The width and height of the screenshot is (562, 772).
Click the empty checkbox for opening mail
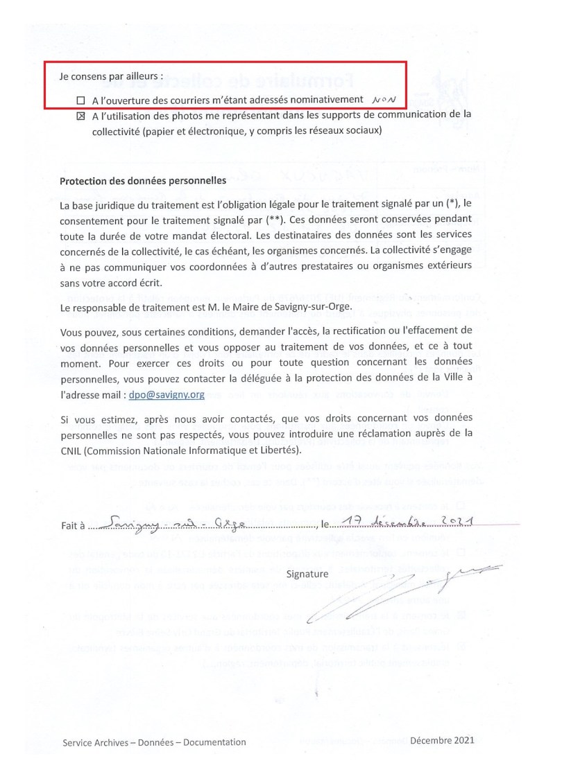(80, 100)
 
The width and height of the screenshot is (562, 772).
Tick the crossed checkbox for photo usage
(80, 116)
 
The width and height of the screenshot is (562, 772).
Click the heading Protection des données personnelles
(143, 181)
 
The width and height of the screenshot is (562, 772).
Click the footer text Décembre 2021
(442, 740)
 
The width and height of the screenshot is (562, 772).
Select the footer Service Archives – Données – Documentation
(154, 742)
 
